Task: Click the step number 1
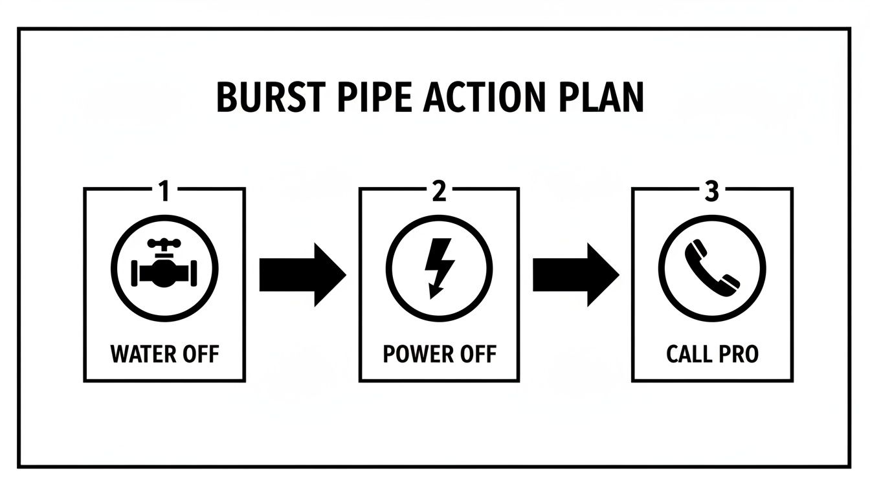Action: pyautogui.click(x=163, y=192)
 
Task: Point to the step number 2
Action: pyautogui.click(x=439, y=192)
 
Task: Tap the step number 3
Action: pyautogui.click(x=711, y=192)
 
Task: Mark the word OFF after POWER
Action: pyautogui.click(x=476, y=355)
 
